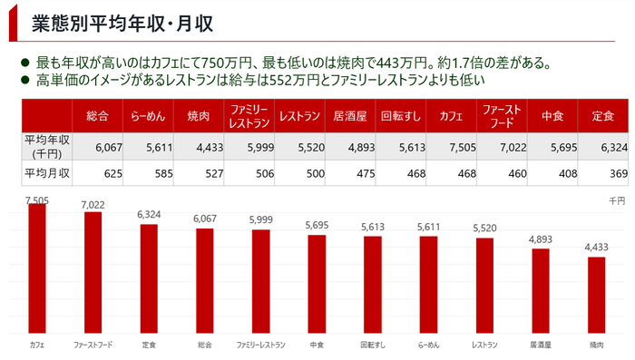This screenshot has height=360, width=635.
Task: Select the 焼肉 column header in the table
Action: click(199, 116)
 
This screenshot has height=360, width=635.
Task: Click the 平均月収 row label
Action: click(47, 172)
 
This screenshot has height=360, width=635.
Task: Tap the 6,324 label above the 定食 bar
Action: click(149, 215)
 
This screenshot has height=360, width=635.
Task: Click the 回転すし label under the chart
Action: click(372, 345)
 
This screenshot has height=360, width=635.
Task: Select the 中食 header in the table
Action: click(552, 116)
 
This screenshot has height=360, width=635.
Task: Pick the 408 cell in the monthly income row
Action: click(554, 172)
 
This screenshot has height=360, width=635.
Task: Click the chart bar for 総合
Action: click(205, 280)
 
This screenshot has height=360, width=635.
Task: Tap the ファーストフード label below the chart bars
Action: click(93, 345)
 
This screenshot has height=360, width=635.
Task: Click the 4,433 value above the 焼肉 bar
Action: click(596, 248)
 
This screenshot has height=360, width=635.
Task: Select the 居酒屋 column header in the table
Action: click(349, 116)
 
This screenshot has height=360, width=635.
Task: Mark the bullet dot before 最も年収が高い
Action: click(25, 63)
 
